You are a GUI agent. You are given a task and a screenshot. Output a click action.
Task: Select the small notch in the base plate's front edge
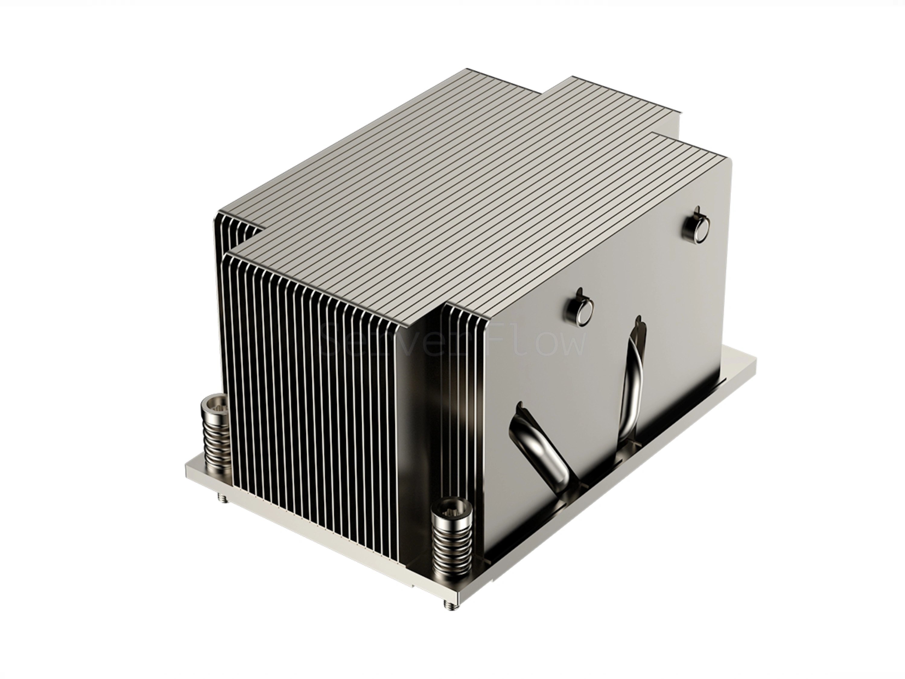(x=413, y=586)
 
